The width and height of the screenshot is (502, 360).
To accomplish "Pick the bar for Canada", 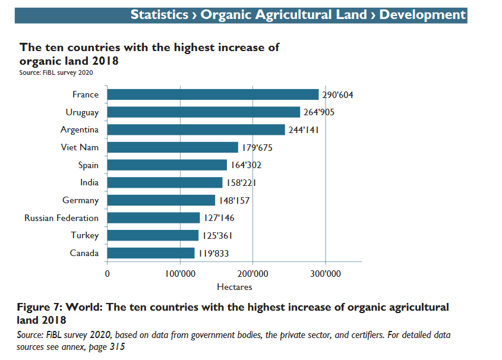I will pyautogui.click(x=151, y=253).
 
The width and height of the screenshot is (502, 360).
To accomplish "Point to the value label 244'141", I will pyautogui.click(x=305, y=130).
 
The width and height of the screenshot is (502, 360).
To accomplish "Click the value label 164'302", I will pyautogui.click(x=247, y=165).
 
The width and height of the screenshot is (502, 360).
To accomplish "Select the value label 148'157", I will pyautogui.click(x=235, y=201).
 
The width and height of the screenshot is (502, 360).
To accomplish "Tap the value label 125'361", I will pyautogui.click(x=217, y=236).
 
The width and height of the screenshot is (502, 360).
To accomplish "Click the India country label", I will pyautogui.click(x=89, y=182).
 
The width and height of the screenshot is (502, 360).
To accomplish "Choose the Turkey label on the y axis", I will pyautogui.click(x=85, y=235).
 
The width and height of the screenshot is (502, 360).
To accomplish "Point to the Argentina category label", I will pyautogui.click(x=80, y=130).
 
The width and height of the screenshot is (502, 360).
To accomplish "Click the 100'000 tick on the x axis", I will pyautogui.click(x=180, y=274).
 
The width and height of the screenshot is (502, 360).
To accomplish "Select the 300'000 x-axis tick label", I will pyautogui.click(x=326, y=274).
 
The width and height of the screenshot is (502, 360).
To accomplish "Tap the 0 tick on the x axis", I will pyautogui.click(x=108, y=274).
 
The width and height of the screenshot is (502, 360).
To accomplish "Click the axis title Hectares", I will pyautogui.click(x=234, y=287).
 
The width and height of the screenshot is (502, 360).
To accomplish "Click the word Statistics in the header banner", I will pyautogui.click(x=160, y=14).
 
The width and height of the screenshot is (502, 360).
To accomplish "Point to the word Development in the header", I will pyautogui.click(x=422, y=14).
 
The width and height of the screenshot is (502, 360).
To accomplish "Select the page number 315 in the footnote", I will pyautogui.click(x=117, y=346).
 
